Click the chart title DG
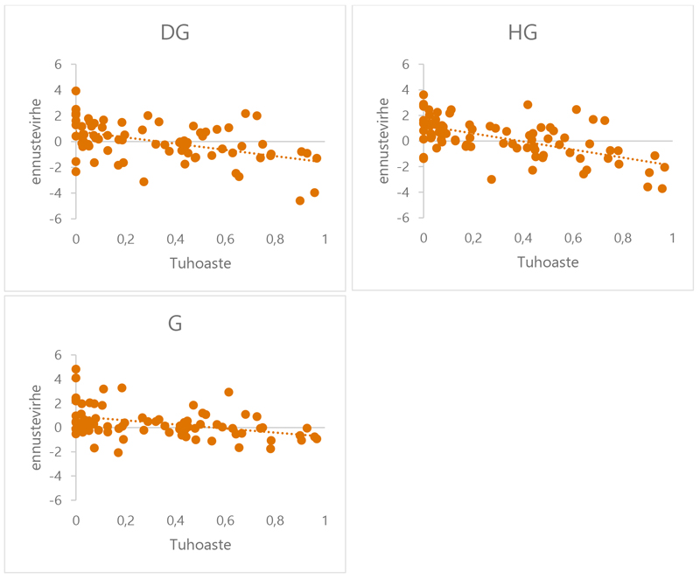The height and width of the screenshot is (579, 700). tap(175, 33)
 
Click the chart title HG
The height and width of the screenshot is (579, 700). tap(522, 33)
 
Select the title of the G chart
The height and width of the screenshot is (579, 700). tap(175, 323)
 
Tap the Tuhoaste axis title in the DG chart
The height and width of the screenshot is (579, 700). tap(199, 262)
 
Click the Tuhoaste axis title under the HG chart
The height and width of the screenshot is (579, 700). tap(547, 262)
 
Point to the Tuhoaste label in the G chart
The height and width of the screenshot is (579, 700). tap(199, 544)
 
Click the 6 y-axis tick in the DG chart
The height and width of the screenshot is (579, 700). tap(59, 64)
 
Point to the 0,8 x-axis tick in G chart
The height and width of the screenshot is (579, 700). tap(276, 520)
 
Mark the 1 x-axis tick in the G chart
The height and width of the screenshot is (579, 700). tap(325, 520)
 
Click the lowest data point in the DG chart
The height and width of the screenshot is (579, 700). tap(300, 200)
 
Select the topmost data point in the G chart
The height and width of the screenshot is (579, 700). tap(76, 369)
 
